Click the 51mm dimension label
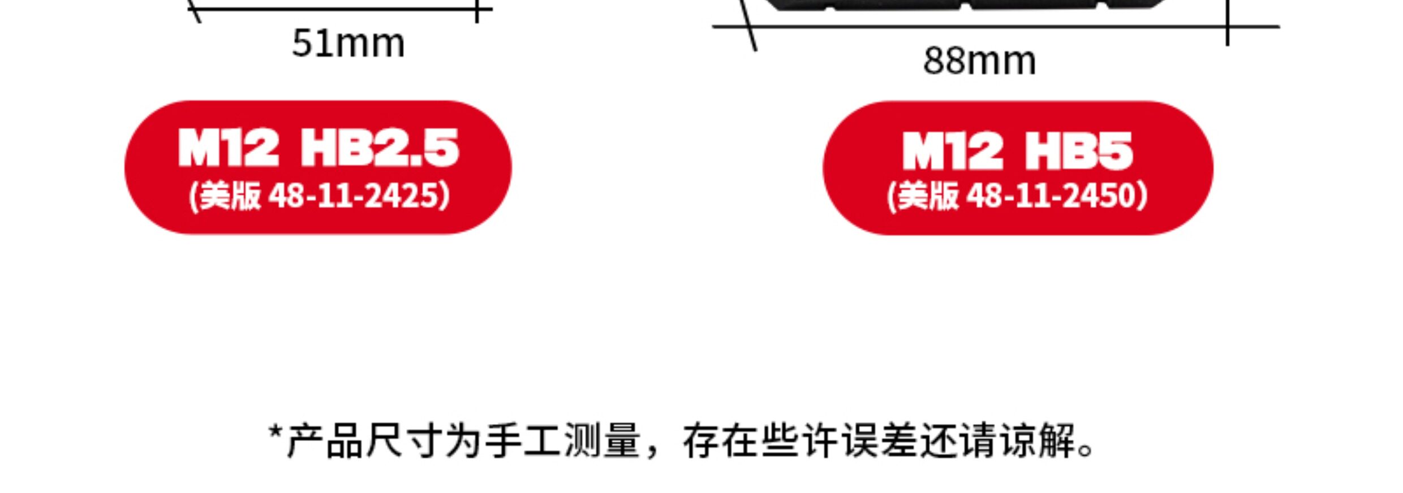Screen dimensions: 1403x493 348,44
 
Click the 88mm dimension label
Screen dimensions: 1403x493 979,61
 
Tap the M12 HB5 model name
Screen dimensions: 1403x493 1017,150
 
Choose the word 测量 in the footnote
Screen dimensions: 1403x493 601,441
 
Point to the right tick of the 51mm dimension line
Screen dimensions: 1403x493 477,11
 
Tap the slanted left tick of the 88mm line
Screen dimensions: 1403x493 750,28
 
